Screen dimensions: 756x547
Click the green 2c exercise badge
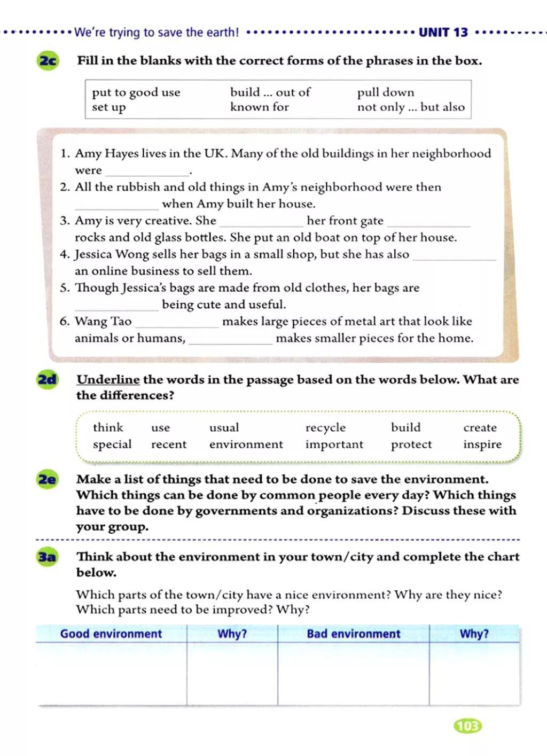point(48,61)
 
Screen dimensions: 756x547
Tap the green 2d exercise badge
point(47,380)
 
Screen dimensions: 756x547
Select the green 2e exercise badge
point(47,479)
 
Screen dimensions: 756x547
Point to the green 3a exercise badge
point(47,557)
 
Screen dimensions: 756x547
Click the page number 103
point(467,726)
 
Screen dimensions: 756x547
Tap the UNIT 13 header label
point(443,33)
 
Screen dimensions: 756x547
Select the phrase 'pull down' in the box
point(385,92)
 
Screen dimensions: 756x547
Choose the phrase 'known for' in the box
point(259,107)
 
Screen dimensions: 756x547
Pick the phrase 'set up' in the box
point(108,107)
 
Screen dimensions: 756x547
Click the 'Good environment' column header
point(111,634)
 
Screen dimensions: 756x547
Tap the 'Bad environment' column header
point(353,634)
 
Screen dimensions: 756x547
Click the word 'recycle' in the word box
point(325,427)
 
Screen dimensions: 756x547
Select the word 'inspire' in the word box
point(482,445)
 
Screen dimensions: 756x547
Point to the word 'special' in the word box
point(112,445)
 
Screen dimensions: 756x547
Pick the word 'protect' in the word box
point(411,445)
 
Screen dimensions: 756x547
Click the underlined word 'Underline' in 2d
point(108,380)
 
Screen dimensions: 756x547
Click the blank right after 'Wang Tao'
point(177,323)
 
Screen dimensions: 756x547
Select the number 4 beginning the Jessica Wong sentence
point(65,254)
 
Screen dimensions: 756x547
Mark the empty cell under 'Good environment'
point(111,673)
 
